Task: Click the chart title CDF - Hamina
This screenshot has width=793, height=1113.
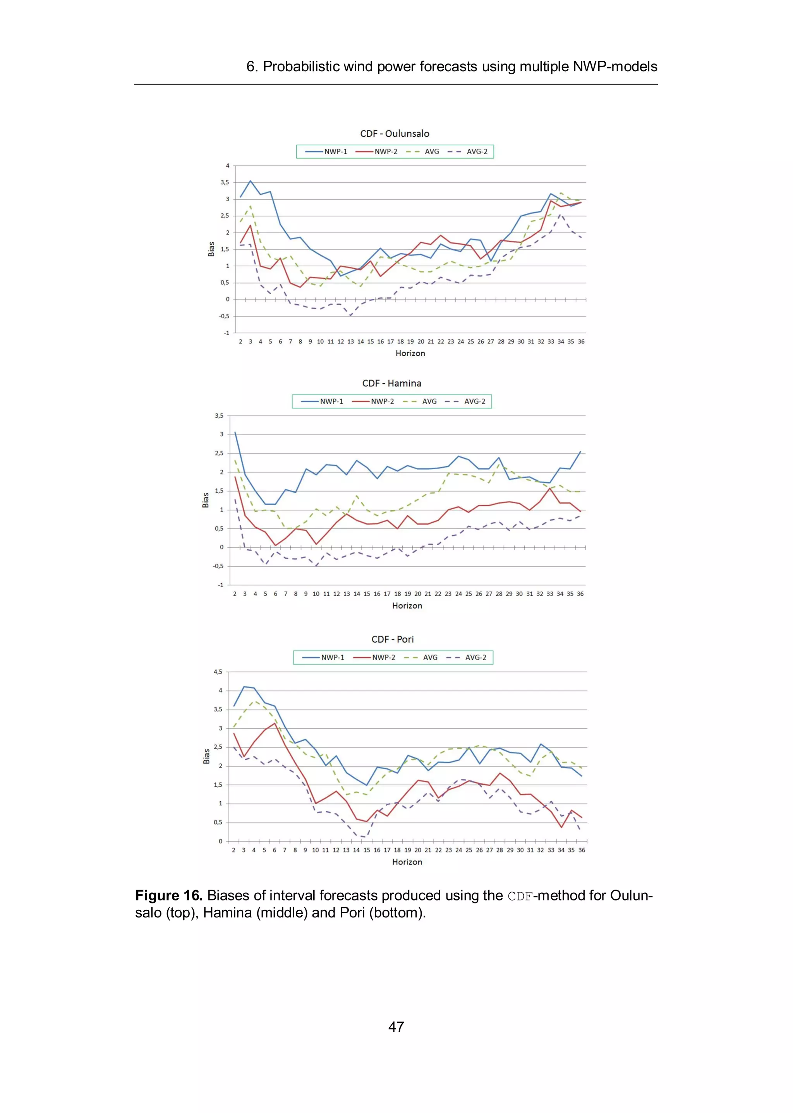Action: [x=391, y=383]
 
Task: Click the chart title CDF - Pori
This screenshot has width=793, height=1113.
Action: [x=393, y=640]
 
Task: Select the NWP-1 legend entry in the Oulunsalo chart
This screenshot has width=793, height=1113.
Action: [x=327, y=152]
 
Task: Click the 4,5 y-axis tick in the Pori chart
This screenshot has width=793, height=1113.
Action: [x=218, y=672]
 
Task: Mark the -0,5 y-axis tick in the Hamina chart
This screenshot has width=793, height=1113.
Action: [x=218, y=566]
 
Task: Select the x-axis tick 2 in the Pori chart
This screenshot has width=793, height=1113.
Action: [x=233, y=850]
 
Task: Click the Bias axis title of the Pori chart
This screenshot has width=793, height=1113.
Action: [x=206, y=756]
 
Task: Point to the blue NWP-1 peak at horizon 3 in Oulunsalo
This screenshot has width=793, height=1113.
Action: [x=251, y=181]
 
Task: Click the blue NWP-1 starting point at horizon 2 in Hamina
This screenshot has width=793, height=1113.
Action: [x=235, y=432]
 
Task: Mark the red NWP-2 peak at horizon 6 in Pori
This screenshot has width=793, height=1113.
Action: [x=275, y=724]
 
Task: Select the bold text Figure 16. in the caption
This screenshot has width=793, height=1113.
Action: [x=168, y=896]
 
